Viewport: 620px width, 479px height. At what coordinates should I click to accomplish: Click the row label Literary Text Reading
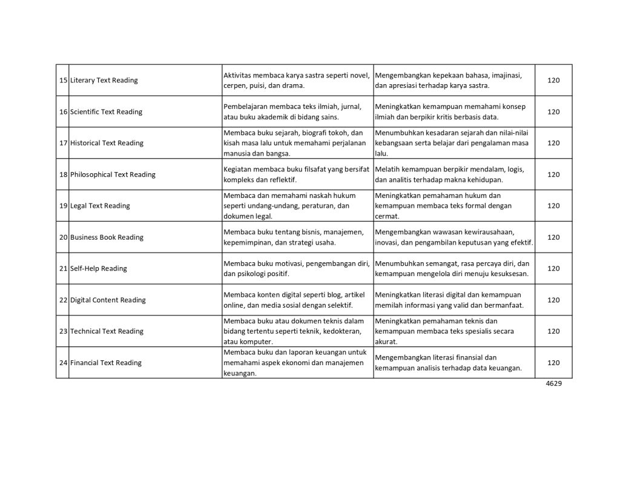104,80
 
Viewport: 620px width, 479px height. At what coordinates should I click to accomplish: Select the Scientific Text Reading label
106,111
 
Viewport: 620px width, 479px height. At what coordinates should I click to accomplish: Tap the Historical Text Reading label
107,143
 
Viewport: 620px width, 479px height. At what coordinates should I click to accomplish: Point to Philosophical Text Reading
113,174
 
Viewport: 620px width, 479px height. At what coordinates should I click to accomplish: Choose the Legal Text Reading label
100,205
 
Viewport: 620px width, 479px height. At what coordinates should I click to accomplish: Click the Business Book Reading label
107,237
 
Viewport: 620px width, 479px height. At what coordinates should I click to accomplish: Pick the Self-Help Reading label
99,268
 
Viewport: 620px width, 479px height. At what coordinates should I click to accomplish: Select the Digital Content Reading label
108,300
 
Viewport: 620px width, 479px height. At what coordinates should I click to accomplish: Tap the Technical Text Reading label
107,331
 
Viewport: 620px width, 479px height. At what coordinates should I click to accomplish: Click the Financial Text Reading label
106,363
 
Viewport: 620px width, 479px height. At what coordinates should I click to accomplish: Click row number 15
63,80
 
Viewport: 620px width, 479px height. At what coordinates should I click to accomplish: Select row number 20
63,237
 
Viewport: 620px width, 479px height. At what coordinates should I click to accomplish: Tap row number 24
63,363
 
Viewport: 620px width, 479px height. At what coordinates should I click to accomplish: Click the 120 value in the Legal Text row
553,205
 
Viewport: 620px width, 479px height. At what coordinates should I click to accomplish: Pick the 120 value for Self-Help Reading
553,268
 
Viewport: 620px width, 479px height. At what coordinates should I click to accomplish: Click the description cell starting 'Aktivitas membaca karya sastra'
297,80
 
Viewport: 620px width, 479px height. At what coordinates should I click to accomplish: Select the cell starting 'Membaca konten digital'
297,300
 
